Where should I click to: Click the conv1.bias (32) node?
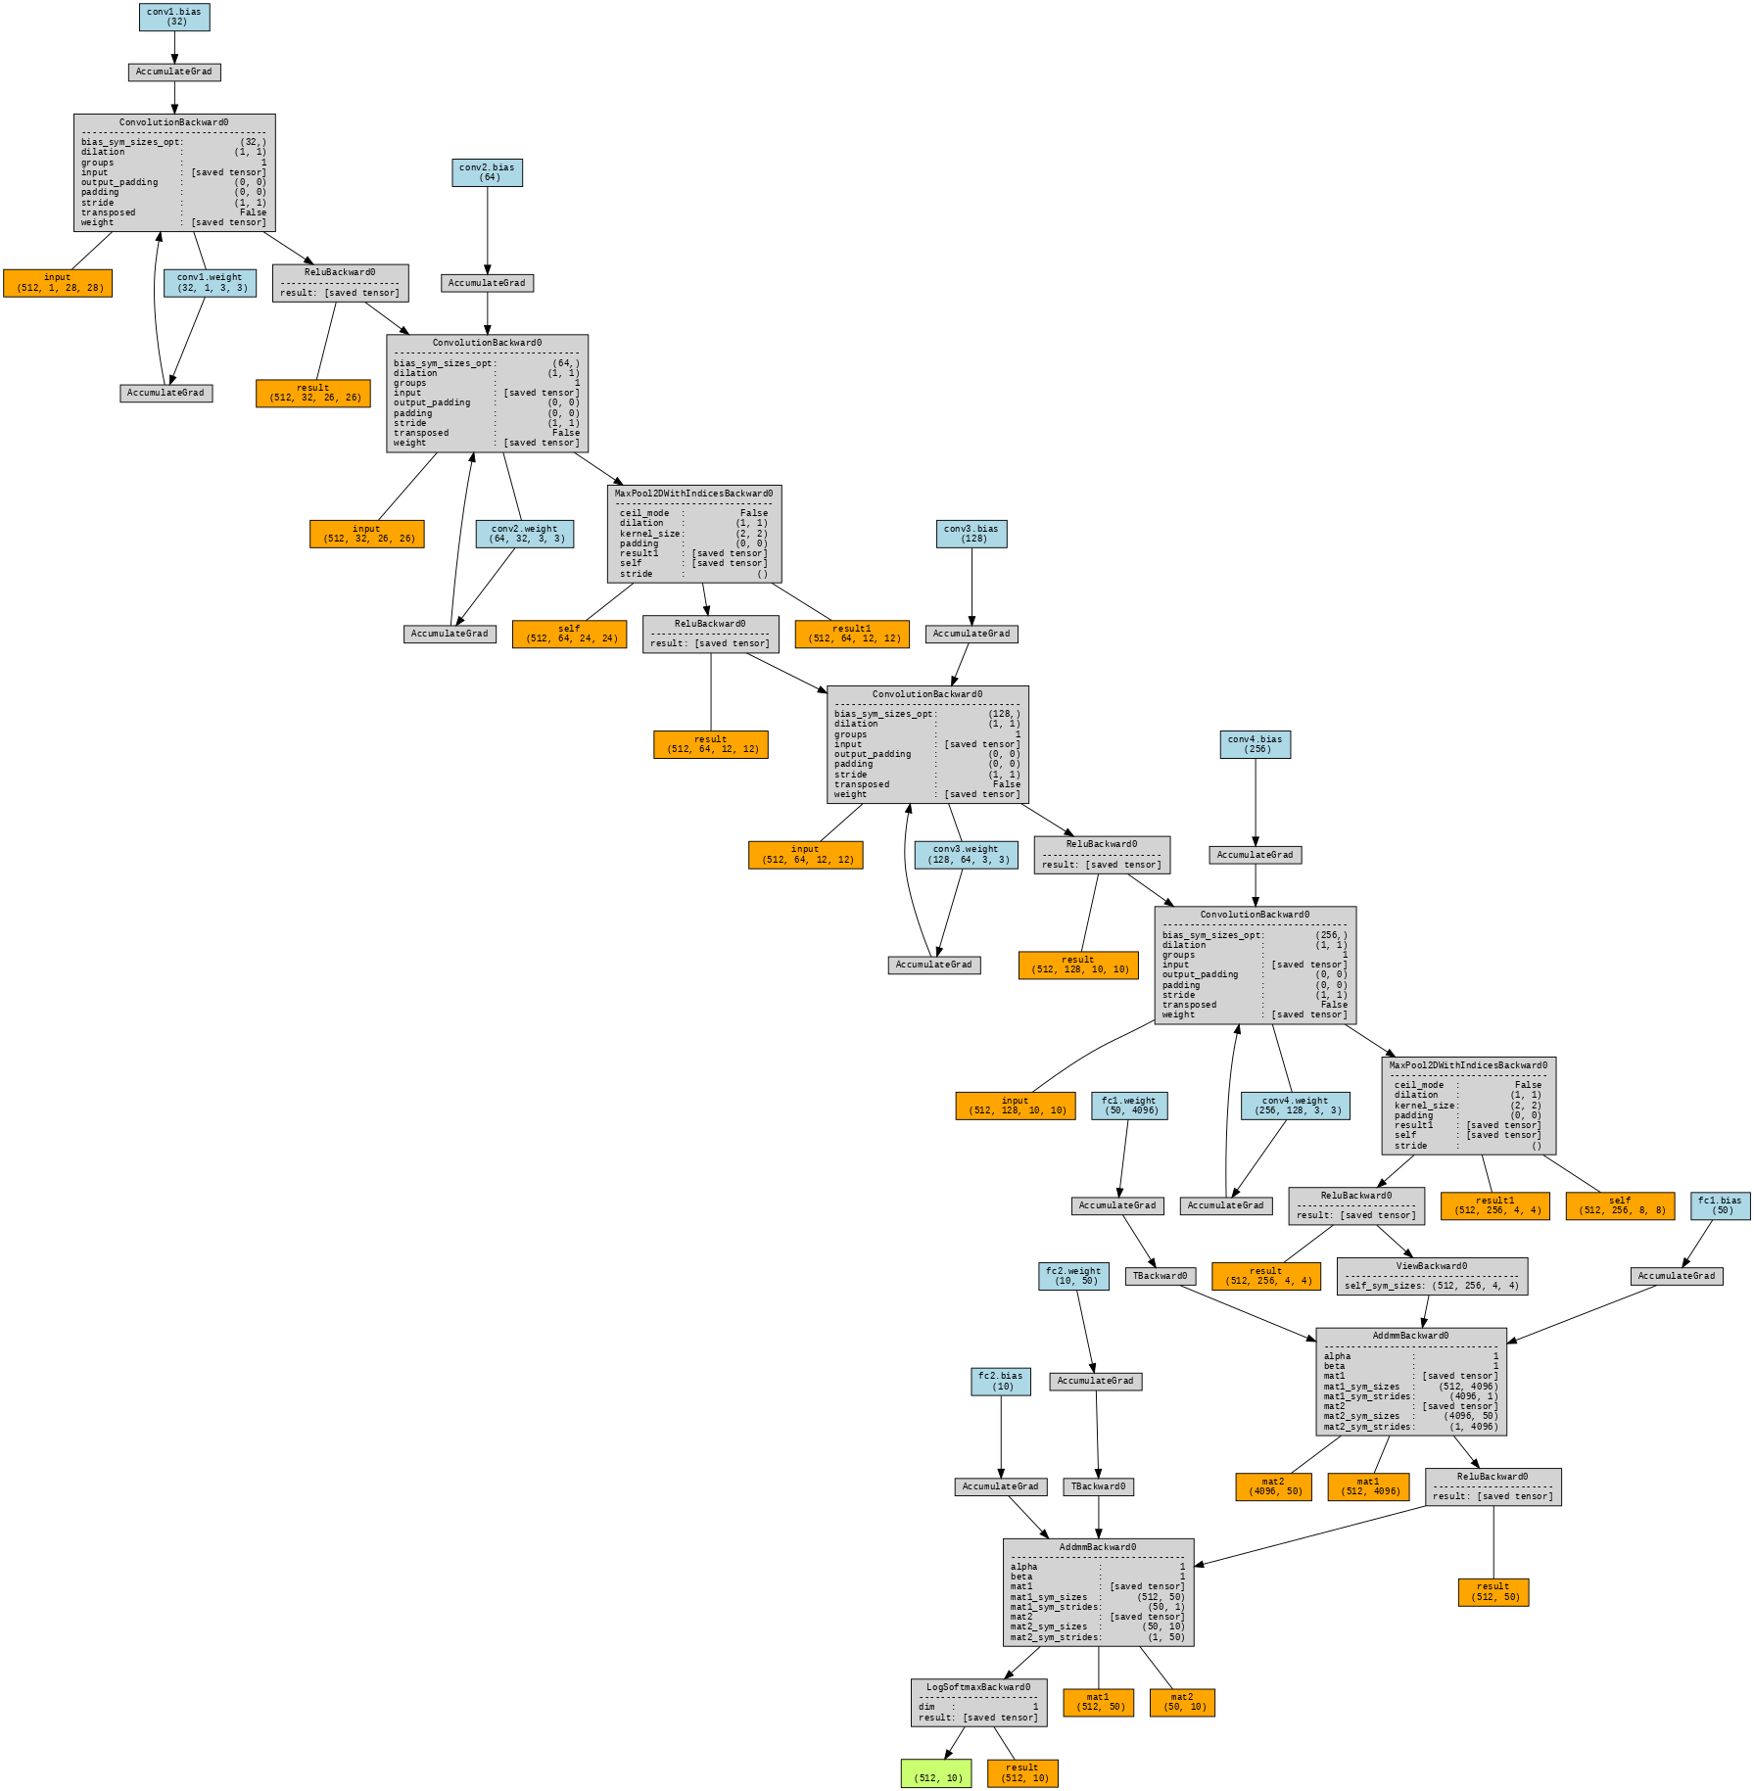click(174, 17)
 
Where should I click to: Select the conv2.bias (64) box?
click(487, 172)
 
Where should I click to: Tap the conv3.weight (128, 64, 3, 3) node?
click(966, 855)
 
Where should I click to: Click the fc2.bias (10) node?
click(1001, 1382)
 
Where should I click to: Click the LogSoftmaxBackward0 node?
click(978, 1703)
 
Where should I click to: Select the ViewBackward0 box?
click(1432, 1276)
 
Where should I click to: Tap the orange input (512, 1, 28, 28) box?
click(58, 283)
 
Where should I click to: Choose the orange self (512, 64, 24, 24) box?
click(569, 634)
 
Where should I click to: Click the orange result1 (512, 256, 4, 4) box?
click(1494, 1205)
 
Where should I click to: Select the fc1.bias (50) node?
click(1720, 1205)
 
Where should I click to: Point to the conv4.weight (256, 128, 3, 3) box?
click(1295, 1106)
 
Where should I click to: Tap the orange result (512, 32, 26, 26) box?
click(313, 393)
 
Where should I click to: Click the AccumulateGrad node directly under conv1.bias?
click(174, 72)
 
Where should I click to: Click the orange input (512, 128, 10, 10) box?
click(1016, 1106)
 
